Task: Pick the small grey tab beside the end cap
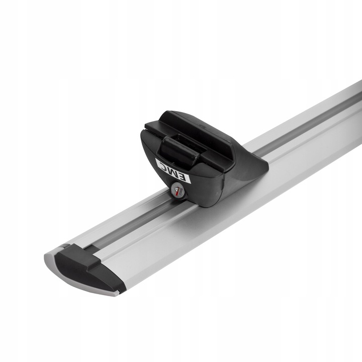point(63,247)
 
